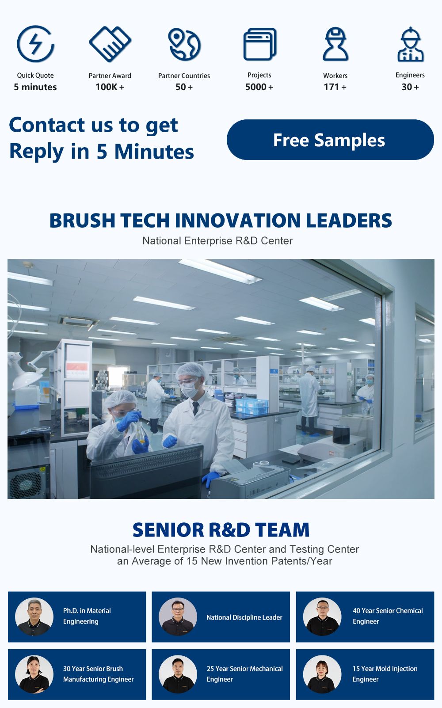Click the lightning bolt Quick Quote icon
(x=35, y=44)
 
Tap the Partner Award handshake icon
(x=110, y=44)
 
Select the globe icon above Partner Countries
(x=184, y=44)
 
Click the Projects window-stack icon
(x=260, y=44)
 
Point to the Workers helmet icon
(x=335, y=44)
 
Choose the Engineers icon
(x=410, y=44)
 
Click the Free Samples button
(x=330, y=140)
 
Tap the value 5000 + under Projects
(x=259, y=87)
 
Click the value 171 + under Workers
(x=335, y=87)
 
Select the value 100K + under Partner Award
(x=110, y=87)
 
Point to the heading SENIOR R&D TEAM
(x=221, y=530)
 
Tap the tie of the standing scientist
(x=196, y=408)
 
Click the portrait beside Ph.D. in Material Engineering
(x=34, y=617)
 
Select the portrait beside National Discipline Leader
(x=178, y=617)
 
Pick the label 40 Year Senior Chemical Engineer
(x=388, y=616)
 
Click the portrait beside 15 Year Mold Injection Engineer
(x=322, y=674)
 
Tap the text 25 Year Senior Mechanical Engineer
(x=245, y=674)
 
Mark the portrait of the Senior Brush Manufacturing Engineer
(x=34, y=674)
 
